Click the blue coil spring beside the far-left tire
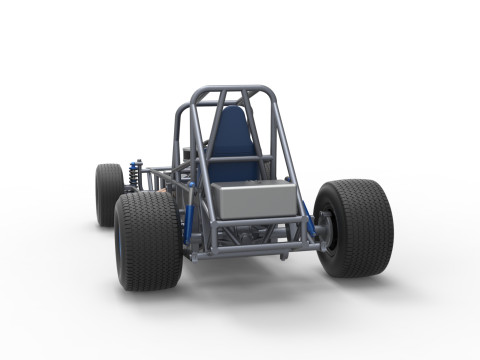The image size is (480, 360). pos(136,176)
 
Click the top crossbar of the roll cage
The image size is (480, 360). pos(232,90)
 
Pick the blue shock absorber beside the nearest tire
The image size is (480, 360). pos(187,225)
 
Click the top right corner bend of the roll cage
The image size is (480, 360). pos(268,93)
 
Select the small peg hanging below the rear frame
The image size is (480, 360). pos(285,256)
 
